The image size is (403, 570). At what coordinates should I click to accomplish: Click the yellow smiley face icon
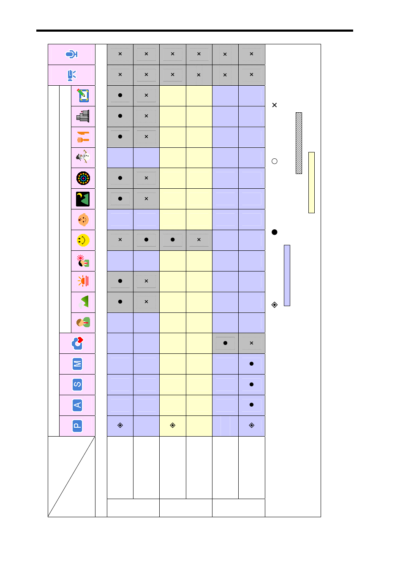83,240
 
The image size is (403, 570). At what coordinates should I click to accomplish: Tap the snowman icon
83,157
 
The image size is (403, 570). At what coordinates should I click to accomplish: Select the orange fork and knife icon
83,137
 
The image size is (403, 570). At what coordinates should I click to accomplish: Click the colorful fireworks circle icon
83,178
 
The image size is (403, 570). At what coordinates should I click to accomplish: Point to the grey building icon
83,116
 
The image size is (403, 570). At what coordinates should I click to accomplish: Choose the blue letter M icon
77,364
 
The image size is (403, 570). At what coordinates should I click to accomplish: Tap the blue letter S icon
77,385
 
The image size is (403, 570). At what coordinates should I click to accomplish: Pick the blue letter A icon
77,405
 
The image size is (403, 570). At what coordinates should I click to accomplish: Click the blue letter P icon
77,426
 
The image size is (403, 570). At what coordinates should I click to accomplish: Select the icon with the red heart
77,343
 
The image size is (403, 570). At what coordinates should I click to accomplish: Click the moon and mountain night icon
83,199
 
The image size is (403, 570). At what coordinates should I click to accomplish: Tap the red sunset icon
83,281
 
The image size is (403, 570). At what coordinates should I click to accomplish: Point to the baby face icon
83,220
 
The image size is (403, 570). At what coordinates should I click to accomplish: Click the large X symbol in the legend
275,105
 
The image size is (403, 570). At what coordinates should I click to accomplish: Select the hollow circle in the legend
275,161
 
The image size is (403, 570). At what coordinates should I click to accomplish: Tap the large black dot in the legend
275,232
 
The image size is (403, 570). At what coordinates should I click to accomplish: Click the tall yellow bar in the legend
311,182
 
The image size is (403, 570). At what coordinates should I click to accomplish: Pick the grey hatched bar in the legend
299,143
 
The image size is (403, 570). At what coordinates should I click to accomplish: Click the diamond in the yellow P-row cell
172,425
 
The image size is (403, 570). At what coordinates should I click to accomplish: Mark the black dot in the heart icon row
225,343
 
